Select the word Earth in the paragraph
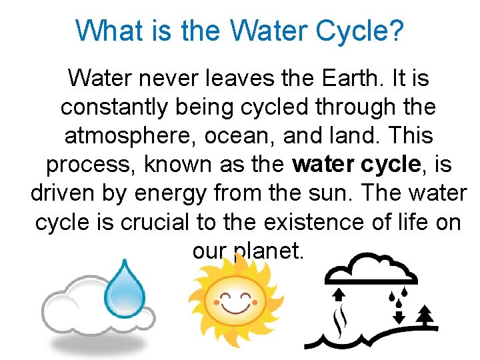click(x=351, y=79)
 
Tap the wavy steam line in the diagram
click(x=341, y=320)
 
